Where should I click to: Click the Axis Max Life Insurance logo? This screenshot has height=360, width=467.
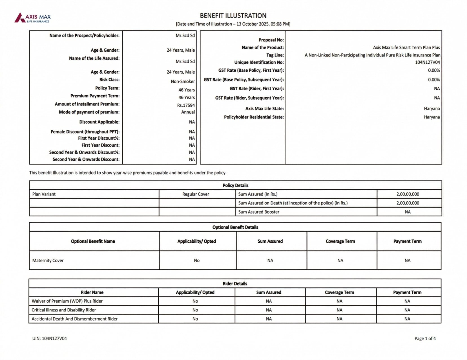[33, 18]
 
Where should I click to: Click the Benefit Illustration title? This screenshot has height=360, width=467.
[233, 16]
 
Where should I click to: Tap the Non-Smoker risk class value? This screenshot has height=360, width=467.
[183, 81]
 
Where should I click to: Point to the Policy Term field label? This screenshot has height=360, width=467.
[107, 88]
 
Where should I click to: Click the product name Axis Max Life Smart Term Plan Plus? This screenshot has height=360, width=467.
[406, 47]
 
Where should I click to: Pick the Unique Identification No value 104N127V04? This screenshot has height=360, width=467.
[427, 62]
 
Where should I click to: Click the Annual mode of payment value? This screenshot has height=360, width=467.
[188, 112]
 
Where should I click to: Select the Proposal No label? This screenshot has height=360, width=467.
[271, 40]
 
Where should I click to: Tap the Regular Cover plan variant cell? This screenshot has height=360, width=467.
[196, 194]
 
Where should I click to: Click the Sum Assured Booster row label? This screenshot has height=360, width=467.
[259, 212]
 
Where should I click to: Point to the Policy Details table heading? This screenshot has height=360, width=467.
[235, 185]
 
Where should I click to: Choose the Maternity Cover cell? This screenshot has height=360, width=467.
[48, 260]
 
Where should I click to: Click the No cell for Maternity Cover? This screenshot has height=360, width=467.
[197, 260]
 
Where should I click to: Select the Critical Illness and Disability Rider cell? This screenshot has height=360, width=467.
[64, 310]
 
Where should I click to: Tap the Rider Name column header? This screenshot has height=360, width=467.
[92, 292]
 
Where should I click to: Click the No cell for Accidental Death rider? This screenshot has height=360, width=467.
[195, 319]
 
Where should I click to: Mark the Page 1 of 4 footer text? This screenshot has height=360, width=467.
[425, 338]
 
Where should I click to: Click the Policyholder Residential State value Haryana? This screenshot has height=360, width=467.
[432, 117]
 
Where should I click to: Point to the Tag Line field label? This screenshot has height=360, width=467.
[275, 55]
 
